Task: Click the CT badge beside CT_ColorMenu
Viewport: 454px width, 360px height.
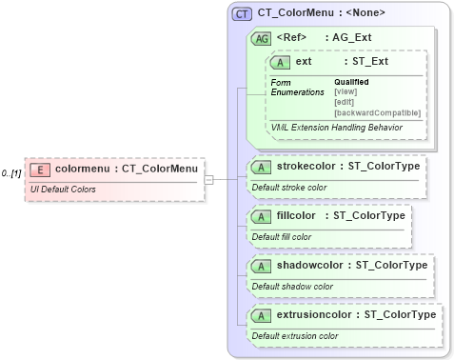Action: click(243, 13)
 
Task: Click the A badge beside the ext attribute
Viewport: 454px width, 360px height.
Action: click(280, 62)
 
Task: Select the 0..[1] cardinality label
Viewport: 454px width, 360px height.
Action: click(11, 174)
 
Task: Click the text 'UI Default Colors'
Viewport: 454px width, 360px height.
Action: click(65, 190)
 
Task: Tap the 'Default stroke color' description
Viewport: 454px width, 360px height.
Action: click(289, 188)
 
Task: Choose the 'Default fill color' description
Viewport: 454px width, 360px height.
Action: click(282, 237)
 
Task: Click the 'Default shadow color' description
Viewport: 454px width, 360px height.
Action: click(292, 287)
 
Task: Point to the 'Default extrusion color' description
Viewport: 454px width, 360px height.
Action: click(295, 336)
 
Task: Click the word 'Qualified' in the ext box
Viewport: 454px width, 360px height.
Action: click(351, 82)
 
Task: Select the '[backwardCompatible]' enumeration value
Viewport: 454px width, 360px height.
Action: click(377, 113)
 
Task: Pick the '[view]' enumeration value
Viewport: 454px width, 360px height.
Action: click(345, 92)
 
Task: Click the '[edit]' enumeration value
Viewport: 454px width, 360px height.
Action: click(345, 103)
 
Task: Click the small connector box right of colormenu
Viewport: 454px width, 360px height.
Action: click(209, 178)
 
